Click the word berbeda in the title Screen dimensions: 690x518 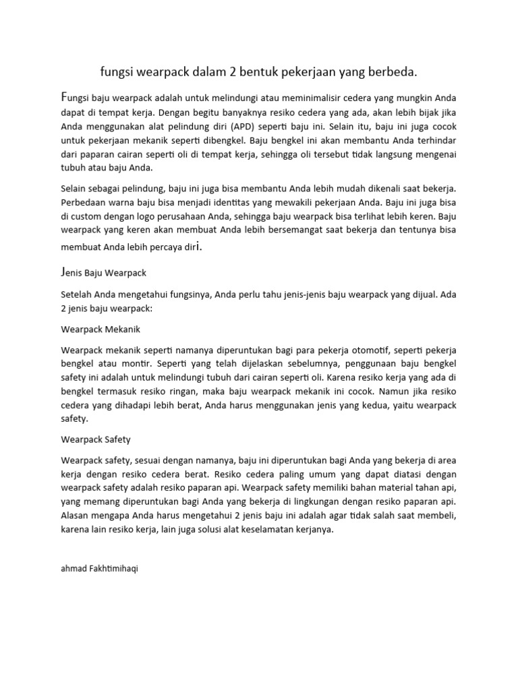(x=393, y=71)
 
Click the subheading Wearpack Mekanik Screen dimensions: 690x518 (x=100, y=330)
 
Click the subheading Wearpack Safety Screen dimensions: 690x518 (x=96, y=439)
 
